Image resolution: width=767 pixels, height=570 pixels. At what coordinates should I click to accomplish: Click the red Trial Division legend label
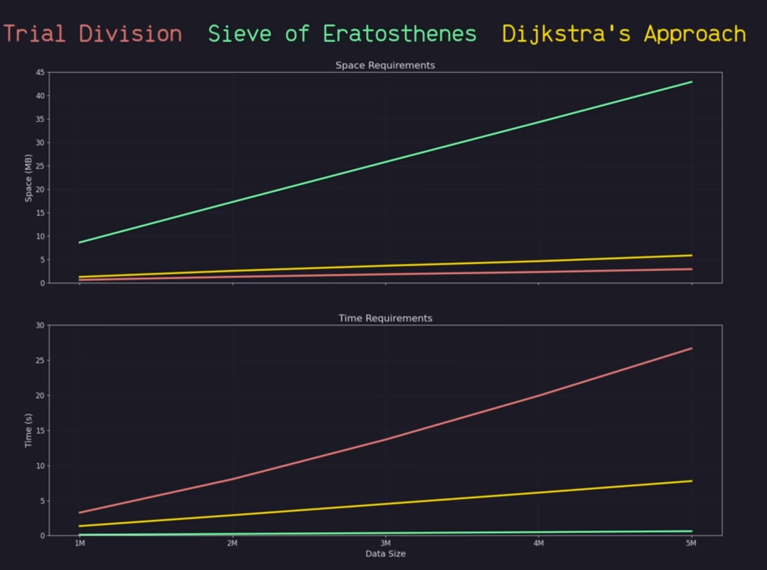(x=92, y=33)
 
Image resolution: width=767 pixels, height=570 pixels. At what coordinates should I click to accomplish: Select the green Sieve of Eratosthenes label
(x=342, y=33)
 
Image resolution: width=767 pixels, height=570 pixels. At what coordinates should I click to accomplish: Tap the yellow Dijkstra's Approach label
(x=624, y=33)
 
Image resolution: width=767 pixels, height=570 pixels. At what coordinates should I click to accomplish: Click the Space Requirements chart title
(x=385, y=65)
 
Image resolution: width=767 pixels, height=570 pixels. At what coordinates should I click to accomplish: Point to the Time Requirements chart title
(x=385, y=318)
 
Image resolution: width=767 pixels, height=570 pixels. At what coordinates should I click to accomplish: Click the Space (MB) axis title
(x=28, y=178)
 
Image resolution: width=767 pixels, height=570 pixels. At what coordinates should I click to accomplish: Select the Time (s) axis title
(x=28, y=430)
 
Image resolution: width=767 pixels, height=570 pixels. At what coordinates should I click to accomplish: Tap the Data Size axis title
(x=385, y=554)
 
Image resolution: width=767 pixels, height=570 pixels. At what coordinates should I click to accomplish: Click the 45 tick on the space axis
(x=40, y=72)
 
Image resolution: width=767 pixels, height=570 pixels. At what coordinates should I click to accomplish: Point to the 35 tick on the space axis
(x=40, y=119)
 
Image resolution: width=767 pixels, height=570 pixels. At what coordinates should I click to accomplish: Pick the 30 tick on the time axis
(x=40, y=325)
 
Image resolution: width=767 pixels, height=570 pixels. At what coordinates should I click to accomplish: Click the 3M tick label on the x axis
(x=385, y=543)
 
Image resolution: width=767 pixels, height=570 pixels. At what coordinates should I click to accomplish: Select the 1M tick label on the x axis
(x=79, y=543)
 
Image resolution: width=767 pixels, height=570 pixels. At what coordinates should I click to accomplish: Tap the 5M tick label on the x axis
(x=691, y=543)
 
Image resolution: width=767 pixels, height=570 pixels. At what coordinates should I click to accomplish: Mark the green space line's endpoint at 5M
(x=691, y=82)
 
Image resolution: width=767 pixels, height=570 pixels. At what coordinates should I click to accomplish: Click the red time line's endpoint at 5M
(x=691, y=348)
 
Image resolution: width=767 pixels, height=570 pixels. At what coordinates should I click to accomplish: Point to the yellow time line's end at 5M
(x=691, y=481)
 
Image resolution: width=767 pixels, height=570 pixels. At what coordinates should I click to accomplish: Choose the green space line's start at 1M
(x=79, y=242)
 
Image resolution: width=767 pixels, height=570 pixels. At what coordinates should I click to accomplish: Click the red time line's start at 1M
(x=79, y=512)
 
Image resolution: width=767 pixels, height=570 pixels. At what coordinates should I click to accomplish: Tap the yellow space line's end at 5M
(x=691, y=255)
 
